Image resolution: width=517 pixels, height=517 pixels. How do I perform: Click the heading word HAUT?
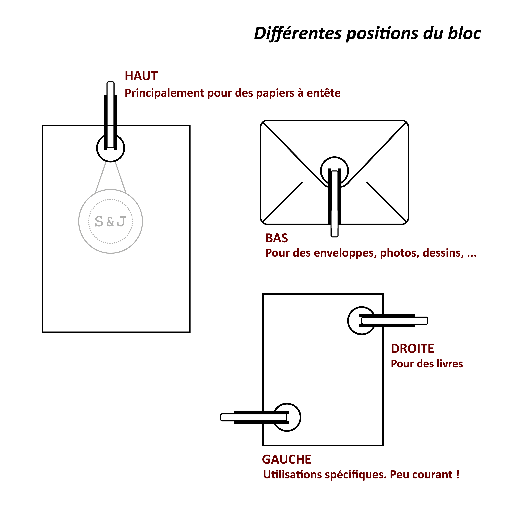141,76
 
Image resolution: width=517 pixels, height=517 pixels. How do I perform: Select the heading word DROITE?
412,349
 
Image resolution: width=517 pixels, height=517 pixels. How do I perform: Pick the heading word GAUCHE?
286,459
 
